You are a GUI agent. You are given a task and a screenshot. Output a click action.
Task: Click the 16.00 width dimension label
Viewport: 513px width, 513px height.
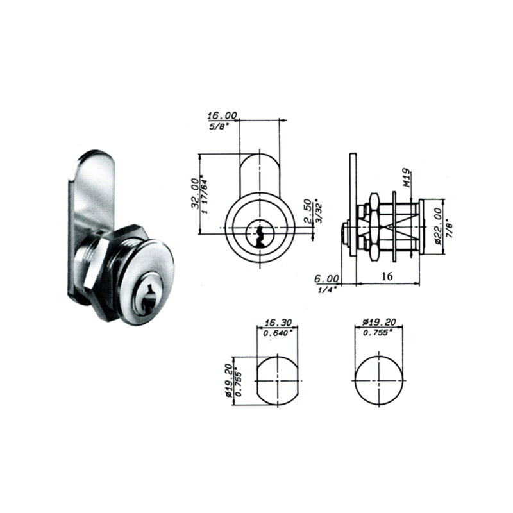click(x=222, y=115)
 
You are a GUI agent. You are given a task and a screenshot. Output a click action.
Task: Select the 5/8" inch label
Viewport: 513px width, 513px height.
click(x=218, y=126)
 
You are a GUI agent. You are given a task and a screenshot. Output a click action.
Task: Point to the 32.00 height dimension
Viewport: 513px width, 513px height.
click(x=195, y=194)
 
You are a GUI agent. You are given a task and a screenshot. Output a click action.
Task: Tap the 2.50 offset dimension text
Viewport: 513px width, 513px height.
click(x=307, y=211)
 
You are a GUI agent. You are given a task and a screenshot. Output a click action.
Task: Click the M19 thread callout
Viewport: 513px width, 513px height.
click(x=407, y=178)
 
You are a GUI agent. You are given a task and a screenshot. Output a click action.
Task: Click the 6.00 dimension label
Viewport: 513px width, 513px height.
click(x=326, y=279)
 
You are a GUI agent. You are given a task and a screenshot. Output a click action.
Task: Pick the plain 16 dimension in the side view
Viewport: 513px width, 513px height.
click(x=387, y=276)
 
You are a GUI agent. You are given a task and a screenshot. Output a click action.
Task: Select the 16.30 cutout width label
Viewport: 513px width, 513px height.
click(x=278, y=323)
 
